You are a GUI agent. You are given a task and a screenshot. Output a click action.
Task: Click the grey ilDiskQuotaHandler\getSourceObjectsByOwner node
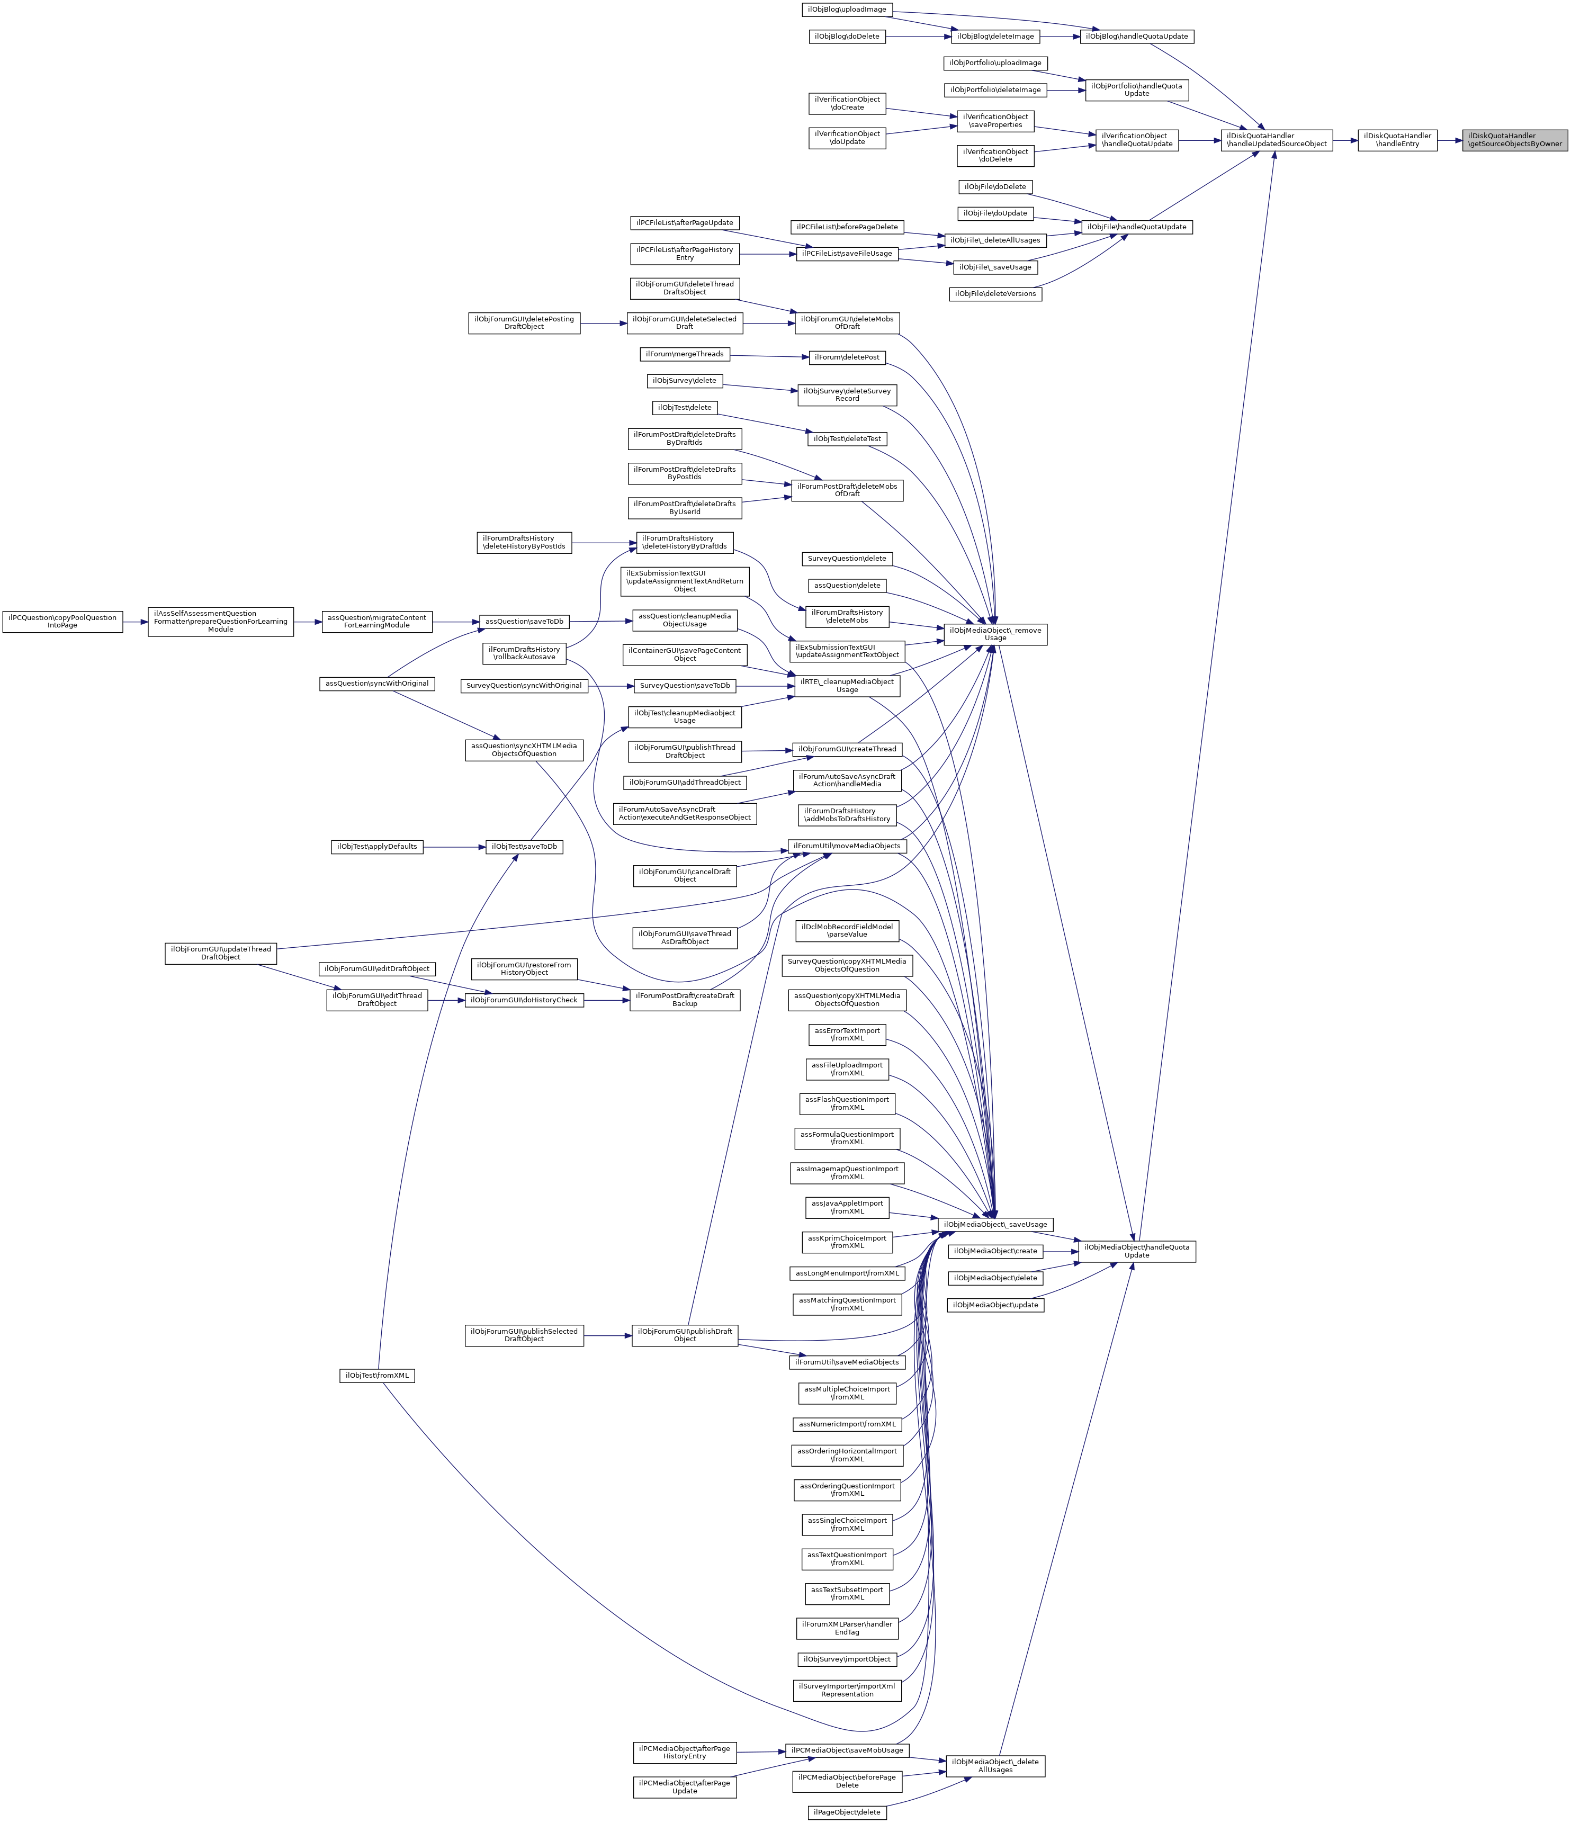click(1515, 140)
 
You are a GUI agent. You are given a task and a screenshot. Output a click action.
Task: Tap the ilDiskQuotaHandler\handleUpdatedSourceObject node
click(1276, 140)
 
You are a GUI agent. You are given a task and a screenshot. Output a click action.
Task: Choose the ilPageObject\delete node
click(847, 1812)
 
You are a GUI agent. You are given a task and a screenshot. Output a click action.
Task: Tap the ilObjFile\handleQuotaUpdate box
click(1136, 227)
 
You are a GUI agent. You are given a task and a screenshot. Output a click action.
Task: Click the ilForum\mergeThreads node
click(684, 354)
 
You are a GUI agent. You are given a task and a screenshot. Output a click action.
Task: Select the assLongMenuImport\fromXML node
click(847, 1273)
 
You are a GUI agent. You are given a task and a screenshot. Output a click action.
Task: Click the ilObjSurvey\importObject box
click(847, 1659)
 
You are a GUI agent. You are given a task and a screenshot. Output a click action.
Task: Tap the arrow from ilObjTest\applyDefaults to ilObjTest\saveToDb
click(454, 847)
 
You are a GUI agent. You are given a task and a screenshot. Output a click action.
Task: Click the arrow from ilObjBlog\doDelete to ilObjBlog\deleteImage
click(918, 37)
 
